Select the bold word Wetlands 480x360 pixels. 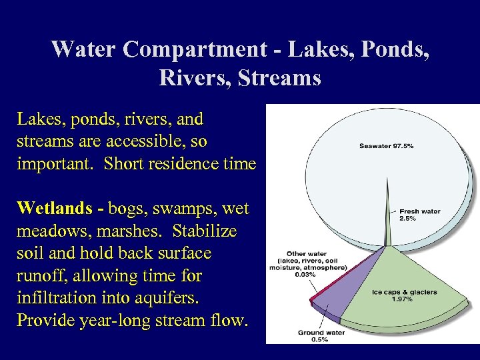click(x=55, y=209)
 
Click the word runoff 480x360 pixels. click(x=40, y=276)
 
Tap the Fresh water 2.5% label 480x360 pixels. click(x=419, y=215)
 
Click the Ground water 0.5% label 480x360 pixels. click(x=320, y=335)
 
